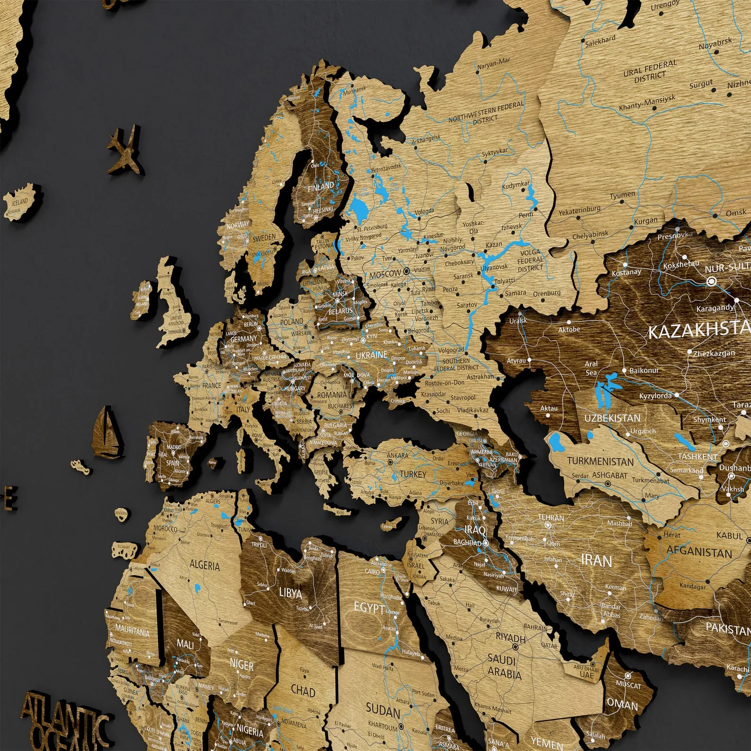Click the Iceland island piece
click(20, 203)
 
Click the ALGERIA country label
click(204, 565)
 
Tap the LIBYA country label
click(290, 592)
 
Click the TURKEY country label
click(413, 474)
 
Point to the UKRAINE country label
click(371, 355)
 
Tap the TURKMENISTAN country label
click(600, 461)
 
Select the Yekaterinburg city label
click(579, 210)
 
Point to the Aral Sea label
click(591, 368)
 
